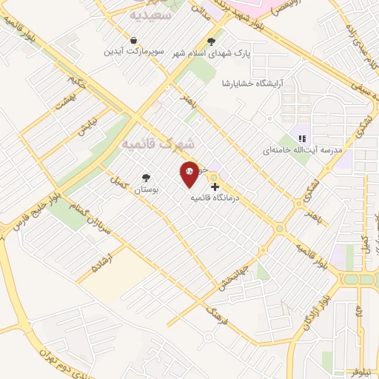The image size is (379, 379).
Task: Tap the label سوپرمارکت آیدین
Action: point(132,53)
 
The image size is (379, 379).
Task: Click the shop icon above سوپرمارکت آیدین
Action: point(133,40)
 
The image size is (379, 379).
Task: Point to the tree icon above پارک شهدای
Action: point(212,41)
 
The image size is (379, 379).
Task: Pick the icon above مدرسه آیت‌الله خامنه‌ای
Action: point(302,138)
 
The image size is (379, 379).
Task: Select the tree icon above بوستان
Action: point(146,178)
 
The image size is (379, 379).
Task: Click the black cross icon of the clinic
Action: point(215,187)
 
